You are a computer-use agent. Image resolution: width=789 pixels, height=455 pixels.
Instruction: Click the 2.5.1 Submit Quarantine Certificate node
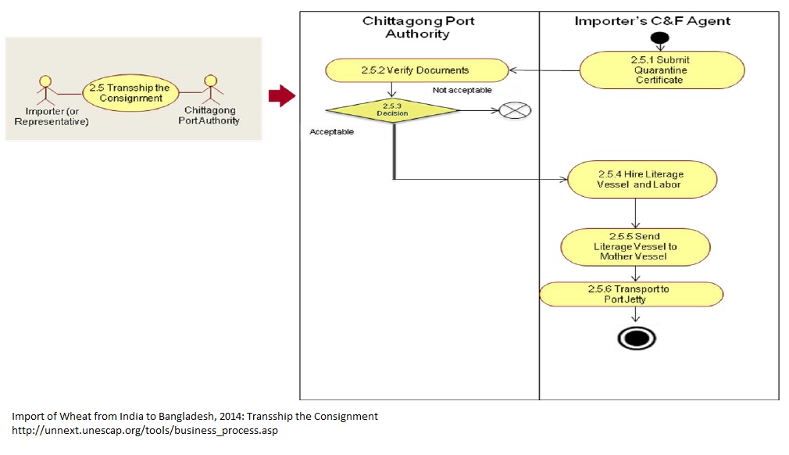[x=662, y=70]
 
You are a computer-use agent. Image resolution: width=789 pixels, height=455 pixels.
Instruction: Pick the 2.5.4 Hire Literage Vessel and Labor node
[x=641, y=179]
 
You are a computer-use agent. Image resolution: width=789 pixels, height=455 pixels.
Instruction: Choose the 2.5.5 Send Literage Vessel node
[x=636, y=245]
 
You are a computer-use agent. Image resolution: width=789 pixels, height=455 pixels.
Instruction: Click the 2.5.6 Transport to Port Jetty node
[x=631, y=294]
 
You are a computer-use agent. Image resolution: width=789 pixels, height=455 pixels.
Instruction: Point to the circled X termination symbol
[x=515, y=111]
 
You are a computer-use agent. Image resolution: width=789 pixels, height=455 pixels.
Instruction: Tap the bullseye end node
[x=637, y=338]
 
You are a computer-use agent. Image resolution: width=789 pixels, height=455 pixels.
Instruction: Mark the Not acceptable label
[x=462, y=90]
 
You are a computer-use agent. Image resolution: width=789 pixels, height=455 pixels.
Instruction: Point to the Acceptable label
[x=331, y=132]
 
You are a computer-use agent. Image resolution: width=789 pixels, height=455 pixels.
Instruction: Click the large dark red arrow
[x=281, y=96]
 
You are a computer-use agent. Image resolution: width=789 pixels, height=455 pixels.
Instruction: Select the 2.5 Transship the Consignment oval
[x=130, y=92]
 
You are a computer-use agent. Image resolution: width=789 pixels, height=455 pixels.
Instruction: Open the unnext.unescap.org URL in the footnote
[x=145, y=431]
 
